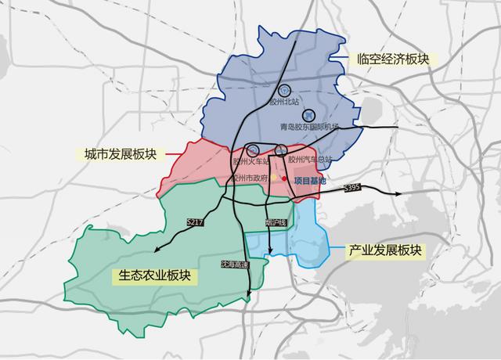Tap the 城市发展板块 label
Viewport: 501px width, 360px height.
[119, 154]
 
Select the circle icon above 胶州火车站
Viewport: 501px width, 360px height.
[253, 149]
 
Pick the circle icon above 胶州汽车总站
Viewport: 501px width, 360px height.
[282, 149]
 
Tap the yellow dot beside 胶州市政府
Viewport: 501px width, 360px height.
[273, 178]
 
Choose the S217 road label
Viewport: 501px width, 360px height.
[195, 223]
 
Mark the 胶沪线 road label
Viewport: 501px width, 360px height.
[276, 223]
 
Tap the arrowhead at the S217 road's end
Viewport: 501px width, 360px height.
[155, 251]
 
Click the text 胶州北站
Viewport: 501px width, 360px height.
[279, 102]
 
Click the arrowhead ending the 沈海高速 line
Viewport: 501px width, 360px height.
[249, 295]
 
